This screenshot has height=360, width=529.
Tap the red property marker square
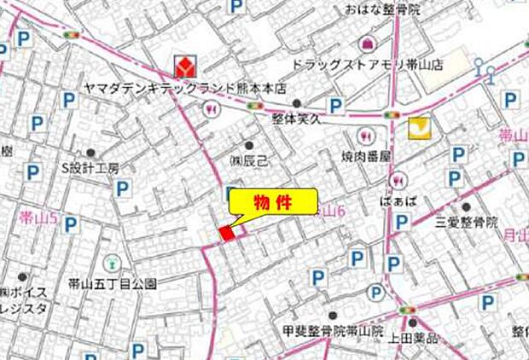(x=227, y=233)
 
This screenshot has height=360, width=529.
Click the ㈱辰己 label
(x=248, y=160)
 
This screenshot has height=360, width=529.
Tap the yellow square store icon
(x=418, y=129)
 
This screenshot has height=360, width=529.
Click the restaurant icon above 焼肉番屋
(x=366, y=136)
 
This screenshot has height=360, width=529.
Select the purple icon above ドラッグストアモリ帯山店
(x=366, y=42)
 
